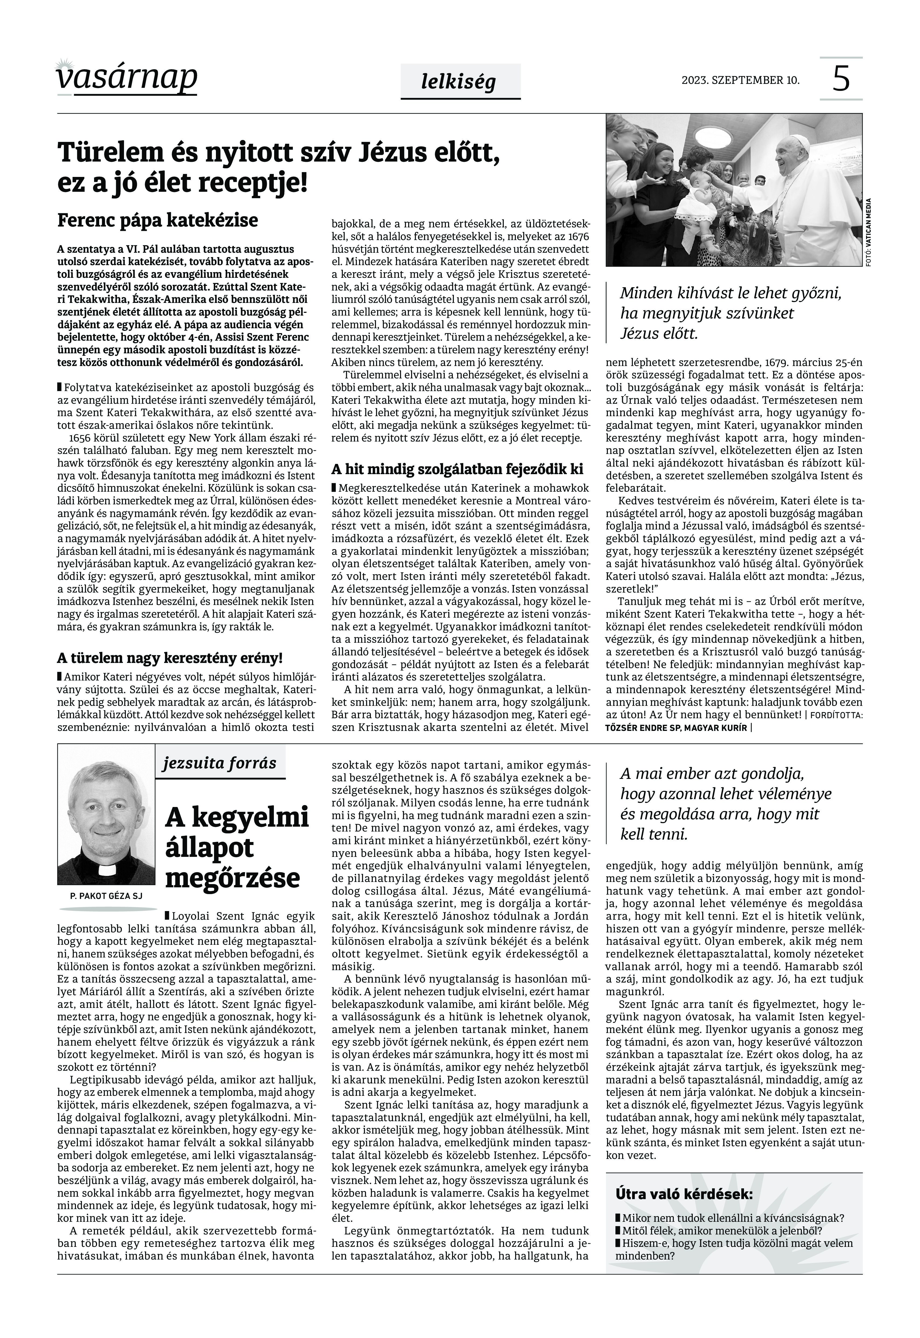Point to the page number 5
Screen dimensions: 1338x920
841,79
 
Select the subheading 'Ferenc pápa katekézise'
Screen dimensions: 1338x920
157,220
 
